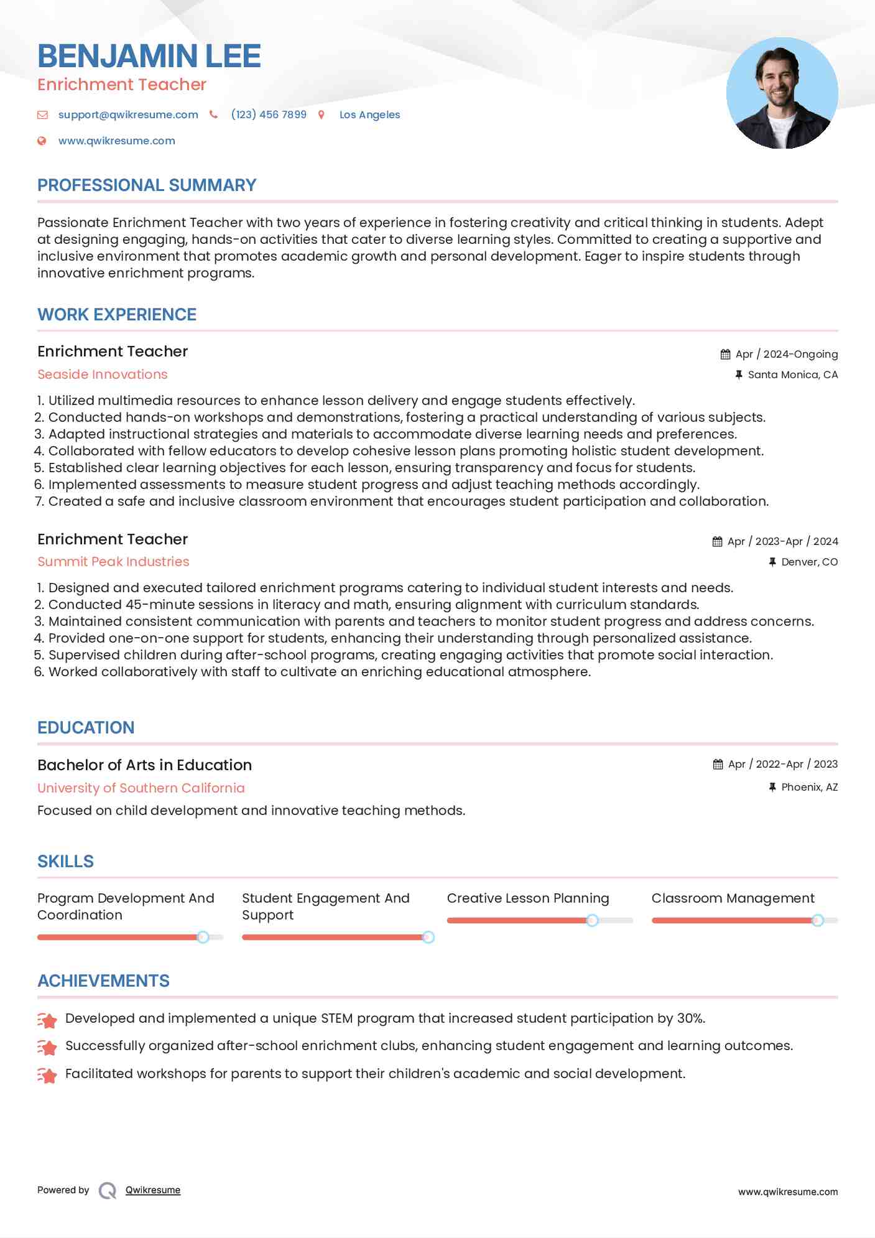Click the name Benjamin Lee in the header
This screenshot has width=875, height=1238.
pos(149,56)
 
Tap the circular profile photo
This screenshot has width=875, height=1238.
pos(782,93)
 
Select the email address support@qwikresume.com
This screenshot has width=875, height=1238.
pos(128,114)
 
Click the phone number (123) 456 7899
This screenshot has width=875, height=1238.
pos(269,114)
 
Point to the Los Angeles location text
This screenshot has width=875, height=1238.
pos(369,114)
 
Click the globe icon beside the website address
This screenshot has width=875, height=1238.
pos(42,141)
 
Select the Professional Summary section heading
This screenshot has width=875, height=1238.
pos(147,185)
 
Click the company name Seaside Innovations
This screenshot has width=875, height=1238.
pos(103,375)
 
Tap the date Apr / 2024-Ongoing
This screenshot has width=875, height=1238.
pos(786,354)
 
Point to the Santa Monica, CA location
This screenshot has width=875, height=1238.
pos(792,375)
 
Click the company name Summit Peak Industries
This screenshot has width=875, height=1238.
pos(113,562)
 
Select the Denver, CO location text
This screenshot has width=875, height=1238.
pos(809,562)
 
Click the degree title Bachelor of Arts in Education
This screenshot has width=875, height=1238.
pos(144,765)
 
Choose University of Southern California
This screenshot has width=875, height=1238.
pos(141,788)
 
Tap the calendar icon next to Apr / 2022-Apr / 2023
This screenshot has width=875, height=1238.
pos(718,764)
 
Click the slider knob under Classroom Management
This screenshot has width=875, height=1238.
pos(818,920)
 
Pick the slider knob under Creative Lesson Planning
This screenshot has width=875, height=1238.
pos(593,920)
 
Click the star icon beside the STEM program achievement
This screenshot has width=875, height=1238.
pos(47,1020)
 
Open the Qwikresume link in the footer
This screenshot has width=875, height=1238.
pos(153,1190)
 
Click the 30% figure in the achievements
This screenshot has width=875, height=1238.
pos(690,1018)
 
